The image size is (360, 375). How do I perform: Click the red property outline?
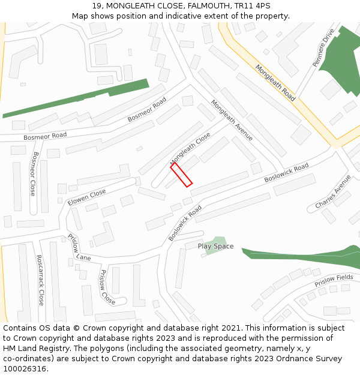pos(181,175)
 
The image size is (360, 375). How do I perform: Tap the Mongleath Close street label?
pos(190,149)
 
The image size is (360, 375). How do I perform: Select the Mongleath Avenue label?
pos(232,121)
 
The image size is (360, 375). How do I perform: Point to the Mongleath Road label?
pos(275,83)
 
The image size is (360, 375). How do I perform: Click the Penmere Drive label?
pos(323,47)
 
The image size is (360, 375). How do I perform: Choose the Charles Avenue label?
pos(333,192)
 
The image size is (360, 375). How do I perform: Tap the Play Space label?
pos(215,246)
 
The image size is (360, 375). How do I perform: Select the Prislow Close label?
pos(107,287)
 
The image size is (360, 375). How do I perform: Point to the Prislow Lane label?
pos(79,248)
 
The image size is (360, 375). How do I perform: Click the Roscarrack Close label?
pos(40,280)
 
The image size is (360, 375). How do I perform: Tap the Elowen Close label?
pos(86,197)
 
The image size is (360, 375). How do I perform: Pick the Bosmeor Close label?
pos(34,173)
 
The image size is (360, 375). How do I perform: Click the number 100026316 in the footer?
pos(26,369)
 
